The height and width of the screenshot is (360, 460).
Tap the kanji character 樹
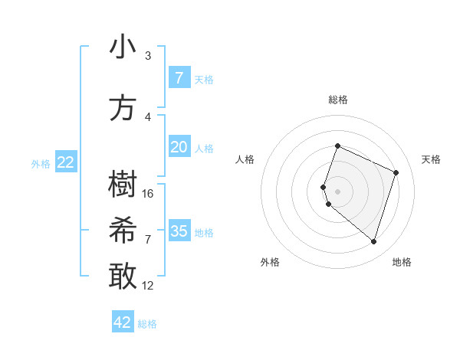point(123,185)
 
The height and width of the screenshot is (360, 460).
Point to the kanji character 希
point(123,231)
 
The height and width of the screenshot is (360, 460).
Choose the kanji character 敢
point(123,277)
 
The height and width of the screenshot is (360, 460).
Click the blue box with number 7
point(179,77)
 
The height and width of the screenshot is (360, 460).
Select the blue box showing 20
point(179,147)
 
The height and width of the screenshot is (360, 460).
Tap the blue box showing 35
point(179,231)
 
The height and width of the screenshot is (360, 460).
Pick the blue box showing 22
point(65,162)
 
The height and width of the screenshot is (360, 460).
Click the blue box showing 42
point(123,322)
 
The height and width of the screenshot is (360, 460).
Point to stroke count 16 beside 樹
point(148,193)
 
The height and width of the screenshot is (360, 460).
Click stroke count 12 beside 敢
point(148,285)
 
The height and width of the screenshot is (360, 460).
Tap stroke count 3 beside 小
point(148,56)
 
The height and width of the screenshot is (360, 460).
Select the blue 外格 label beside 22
point(40,163)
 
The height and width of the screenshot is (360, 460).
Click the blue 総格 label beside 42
point(147,324)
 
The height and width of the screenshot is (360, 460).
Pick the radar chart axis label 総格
point(337,100)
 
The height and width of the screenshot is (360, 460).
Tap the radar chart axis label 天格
point(431,159)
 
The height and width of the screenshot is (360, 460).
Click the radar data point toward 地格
point(373,242)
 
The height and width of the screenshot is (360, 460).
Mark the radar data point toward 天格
point(396,172)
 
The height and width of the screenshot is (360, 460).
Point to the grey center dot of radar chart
point(337,191)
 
